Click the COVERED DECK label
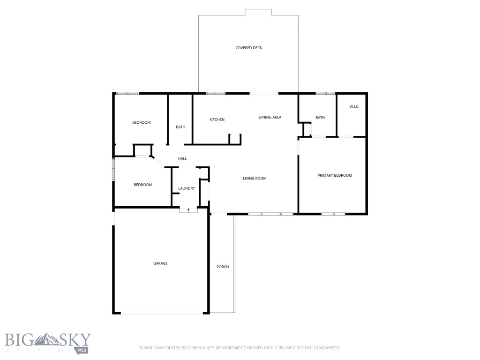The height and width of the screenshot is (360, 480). tap(248, 48)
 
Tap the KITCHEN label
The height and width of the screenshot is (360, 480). tap(217, 120)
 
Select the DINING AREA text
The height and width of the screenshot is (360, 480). tap(270, 117)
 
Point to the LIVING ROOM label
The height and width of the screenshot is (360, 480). tap(255, 178)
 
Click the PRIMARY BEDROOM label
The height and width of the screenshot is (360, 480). tap(335, 175)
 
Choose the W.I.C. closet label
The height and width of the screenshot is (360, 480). tap(354, 107)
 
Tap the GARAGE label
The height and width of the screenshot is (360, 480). tap(160, 263)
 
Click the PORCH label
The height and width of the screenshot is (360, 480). tap(223, 267)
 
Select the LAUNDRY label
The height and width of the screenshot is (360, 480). tap(187, 188)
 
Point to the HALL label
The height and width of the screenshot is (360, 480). tap(182, 158)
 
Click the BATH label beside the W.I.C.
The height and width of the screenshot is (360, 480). tap(320, 118)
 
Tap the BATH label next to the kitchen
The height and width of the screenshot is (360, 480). tap(180, 127)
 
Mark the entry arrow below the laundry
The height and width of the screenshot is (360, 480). tap(188, 210)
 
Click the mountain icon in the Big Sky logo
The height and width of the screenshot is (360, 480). tap(48, 338)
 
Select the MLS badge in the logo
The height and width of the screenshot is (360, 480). tap(82, 350)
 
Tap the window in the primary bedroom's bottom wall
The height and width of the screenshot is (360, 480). tap(333, 214)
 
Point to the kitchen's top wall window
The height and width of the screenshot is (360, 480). tap(216, 93)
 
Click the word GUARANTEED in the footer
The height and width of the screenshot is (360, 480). tap(327, 348)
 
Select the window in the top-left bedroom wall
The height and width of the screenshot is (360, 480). tap(127, 93)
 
